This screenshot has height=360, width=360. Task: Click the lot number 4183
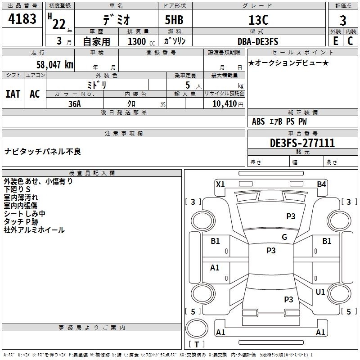[x=22, y=18]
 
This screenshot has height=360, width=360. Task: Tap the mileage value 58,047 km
[x=55, y=65]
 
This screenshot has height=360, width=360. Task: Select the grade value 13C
[x=258, y=20]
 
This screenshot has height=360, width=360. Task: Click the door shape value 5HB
[x=174, y=20]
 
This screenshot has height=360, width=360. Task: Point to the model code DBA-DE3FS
[x=258, y=41]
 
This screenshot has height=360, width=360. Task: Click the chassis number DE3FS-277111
[x=302, y=143]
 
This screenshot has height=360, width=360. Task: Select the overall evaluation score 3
[x=343, y=21]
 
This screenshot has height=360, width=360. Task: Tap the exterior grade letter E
[x=335, y=41]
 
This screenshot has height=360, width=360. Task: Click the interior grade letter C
[x=350, y=41]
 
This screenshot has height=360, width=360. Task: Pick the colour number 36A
[x=75, y=104]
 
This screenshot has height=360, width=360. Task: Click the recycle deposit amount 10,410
[x=225, y=104]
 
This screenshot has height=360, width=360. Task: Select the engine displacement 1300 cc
[x=141, y=41]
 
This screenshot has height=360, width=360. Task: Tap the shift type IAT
[x=13, y=94]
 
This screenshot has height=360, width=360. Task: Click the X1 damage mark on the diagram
[x=220, y=184]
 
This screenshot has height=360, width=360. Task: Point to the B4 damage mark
[x=321, y=184]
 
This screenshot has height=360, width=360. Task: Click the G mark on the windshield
[x=284, y=237]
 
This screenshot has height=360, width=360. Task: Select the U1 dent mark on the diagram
[x=320, y=292]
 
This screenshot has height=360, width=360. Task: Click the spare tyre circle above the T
[x=197, y=328]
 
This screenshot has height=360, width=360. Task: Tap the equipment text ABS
[x=258, y=121]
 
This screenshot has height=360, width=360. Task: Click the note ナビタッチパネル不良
[x=43, y=152]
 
